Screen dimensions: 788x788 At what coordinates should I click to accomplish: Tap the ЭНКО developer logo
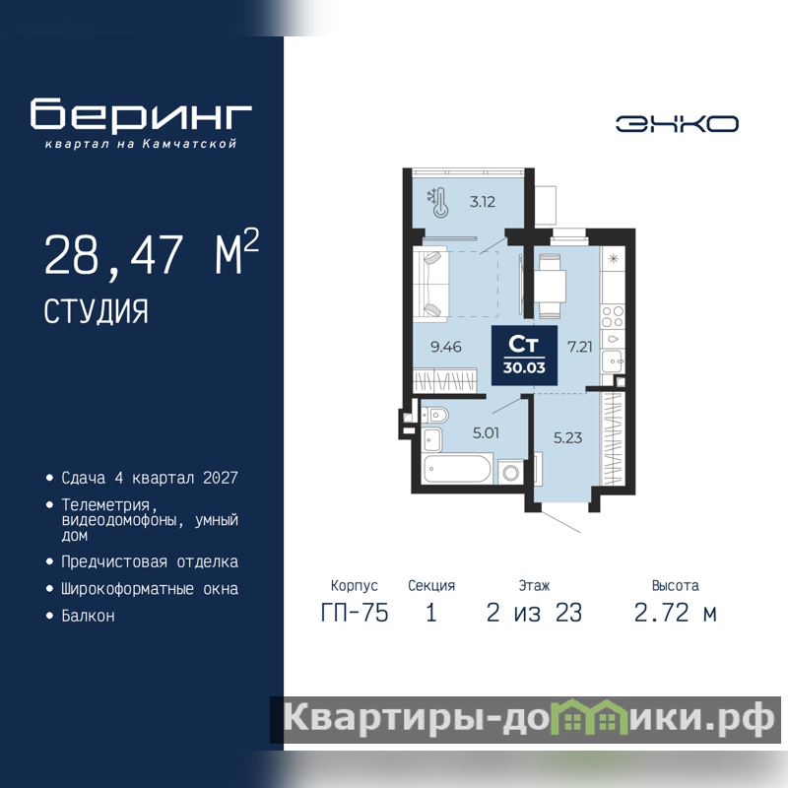coord(677,124)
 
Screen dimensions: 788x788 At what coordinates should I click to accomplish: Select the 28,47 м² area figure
coord(152,253)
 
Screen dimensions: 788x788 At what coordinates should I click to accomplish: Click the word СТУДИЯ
coord(96,311)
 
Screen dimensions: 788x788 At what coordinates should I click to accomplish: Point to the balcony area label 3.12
coord(483,202)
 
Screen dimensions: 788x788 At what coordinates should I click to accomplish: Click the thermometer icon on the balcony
coord(437,203)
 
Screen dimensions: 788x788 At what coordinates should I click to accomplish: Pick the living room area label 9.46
coord(446,347)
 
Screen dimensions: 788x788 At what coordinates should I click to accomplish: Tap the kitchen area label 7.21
coord(580,347)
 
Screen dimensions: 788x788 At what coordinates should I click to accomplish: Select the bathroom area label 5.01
coord(486,432)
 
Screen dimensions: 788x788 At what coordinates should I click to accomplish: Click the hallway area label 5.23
coord(568,437)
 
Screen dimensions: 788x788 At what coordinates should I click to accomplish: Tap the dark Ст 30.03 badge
coord(524,356)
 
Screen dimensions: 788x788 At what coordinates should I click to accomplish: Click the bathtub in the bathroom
coord(457,469)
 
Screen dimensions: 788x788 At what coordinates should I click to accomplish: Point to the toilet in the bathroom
coord(435,415)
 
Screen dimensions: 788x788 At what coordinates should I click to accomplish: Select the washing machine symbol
coord(511,473)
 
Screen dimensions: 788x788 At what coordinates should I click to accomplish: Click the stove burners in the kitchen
coord(613,316)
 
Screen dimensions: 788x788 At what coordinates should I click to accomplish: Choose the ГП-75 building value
coord(355,613)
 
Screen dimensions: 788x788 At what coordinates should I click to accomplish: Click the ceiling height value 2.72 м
coord(676,613)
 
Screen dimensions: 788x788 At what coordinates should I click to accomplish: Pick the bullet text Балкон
coord(88,617)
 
